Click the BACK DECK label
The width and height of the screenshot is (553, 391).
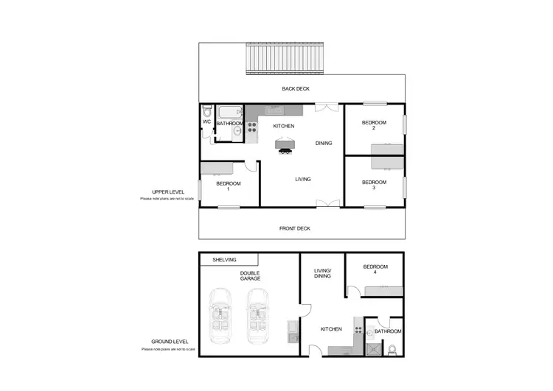click(296, 89)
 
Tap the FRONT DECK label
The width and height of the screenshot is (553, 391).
click(295, 228)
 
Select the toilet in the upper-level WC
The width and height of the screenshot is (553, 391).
click(206, 113)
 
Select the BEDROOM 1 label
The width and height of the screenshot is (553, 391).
click(229, 186)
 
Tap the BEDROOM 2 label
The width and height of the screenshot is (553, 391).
click(374, 125)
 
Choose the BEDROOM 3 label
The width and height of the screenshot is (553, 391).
click(374, 185)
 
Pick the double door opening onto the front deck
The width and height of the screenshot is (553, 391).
click(323, 203)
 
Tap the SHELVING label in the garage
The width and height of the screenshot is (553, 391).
click(224, 259)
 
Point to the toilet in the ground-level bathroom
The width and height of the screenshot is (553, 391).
click(394, 348)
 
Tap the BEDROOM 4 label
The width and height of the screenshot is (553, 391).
click(375, 270)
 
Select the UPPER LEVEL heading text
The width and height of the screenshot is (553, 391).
click(156, 193)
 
